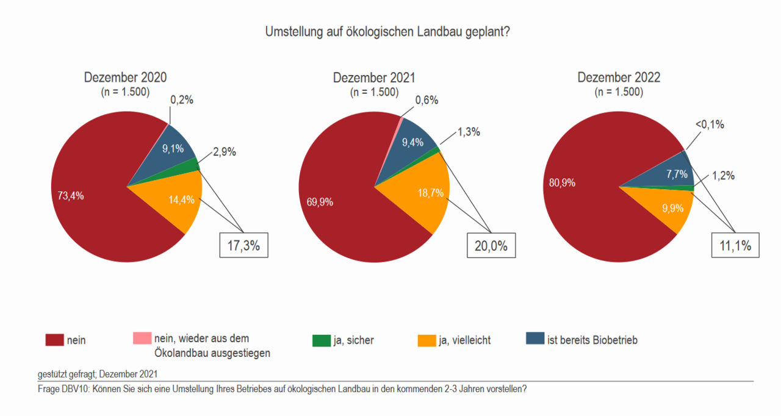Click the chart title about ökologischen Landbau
click(387, 32)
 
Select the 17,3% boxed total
click(243, 246)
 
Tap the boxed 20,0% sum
click(491, 246)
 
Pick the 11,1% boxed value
click(735, 246)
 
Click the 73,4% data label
click(70, 196)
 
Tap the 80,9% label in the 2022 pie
click(562, 182)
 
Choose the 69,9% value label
click(316, 202)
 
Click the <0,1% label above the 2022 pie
click(709, 124)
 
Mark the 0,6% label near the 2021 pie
click(426, 100)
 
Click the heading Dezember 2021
click(374, 78)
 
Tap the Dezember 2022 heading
click(619, 78)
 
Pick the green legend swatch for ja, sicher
click(321, 340)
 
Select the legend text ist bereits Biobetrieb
click(592, 340)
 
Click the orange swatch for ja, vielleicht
click(426, 340)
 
